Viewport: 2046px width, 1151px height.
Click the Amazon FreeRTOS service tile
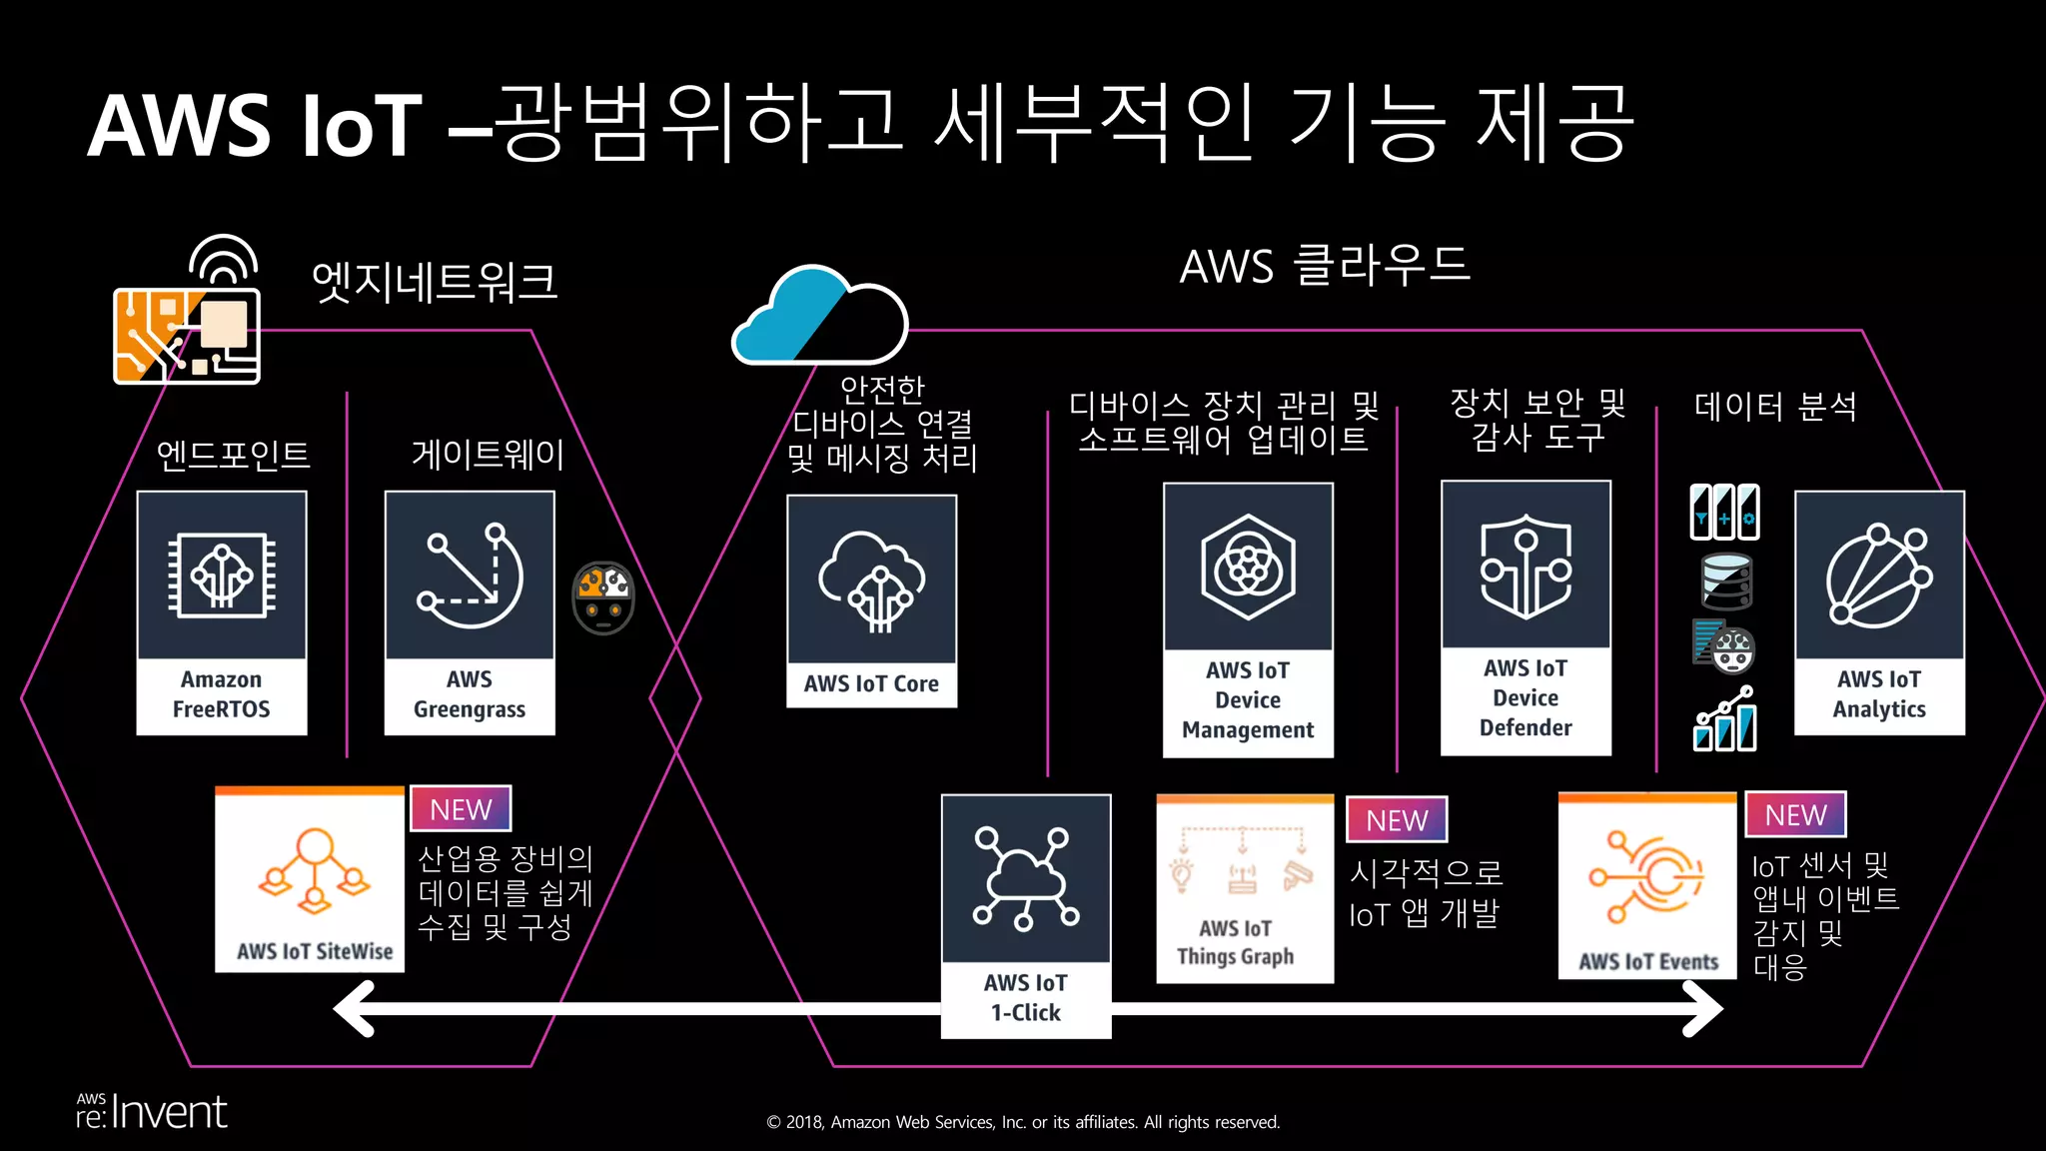click(x=221, y=612)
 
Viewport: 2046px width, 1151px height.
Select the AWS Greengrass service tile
click(x=470, y=612)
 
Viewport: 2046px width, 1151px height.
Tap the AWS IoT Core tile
click(x=871, y=600)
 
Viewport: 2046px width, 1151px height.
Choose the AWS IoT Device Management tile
click(x=1248, y=619)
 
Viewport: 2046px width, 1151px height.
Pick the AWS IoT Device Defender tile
click(x=1526, y=617)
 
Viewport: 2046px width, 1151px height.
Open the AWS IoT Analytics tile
click(x=1879, y=612)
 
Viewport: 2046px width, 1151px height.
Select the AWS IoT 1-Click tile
click(x=1026, y=915)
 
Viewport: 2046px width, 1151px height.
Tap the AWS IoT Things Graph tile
click(x=1245, y=888)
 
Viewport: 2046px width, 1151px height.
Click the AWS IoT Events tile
click(x=1647, y=885)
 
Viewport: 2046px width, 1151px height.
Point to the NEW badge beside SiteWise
click(x=461, y=808)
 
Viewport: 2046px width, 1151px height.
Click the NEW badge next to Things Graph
click(x=1397, y=819)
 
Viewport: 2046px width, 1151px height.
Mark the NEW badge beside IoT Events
click(x=1795, y=814)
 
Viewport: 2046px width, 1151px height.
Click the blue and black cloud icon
click(x=820, y=316)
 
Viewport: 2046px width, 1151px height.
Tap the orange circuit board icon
click(x=188, y=335)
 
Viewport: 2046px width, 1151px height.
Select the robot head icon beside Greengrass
click(x=603, y=597)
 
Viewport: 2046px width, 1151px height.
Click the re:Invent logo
click(x=152, y=1111)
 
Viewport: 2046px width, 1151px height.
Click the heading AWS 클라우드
click(x=1325, y=266)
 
